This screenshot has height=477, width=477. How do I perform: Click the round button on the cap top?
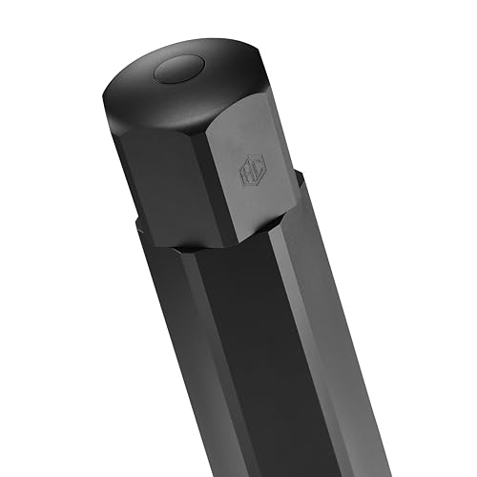coord(177,69)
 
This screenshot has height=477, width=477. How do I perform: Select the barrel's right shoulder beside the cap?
coord(299,181)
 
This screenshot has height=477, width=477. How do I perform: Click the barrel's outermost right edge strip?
coord(367,401)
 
